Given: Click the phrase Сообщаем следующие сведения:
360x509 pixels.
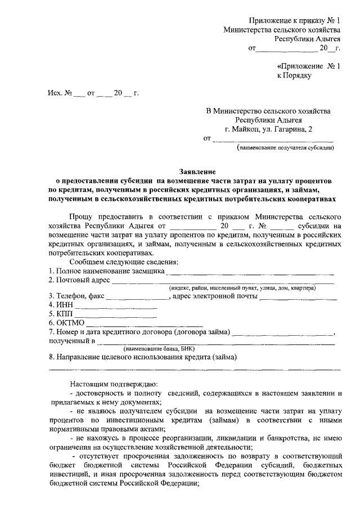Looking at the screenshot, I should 123,262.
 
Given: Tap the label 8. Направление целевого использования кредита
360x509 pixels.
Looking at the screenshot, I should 143,357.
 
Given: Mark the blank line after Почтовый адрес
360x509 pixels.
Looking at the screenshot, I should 222,281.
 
